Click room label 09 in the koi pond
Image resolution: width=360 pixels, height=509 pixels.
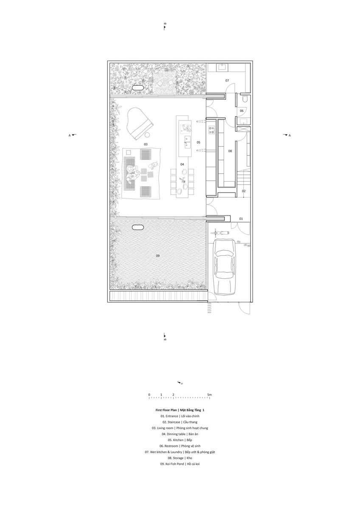[157, 256]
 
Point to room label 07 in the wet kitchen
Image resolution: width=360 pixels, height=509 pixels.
[227, 81]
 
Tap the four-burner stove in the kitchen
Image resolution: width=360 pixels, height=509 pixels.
[211, 130]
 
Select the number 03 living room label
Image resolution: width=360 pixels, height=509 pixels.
[146, 144]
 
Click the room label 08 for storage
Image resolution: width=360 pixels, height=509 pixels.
[230, 151]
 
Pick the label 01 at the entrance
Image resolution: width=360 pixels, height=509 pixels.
[241, 219]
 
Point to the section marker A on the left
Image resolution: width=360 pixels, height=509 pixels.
[72, 135]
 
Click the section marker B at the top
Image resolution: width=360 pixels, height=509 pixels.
[165, 26]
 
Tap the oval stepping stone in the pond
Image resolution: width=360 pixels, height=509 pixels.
[138, 227]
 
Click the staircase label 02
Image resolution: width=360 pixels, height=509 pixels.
[244, 191]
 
